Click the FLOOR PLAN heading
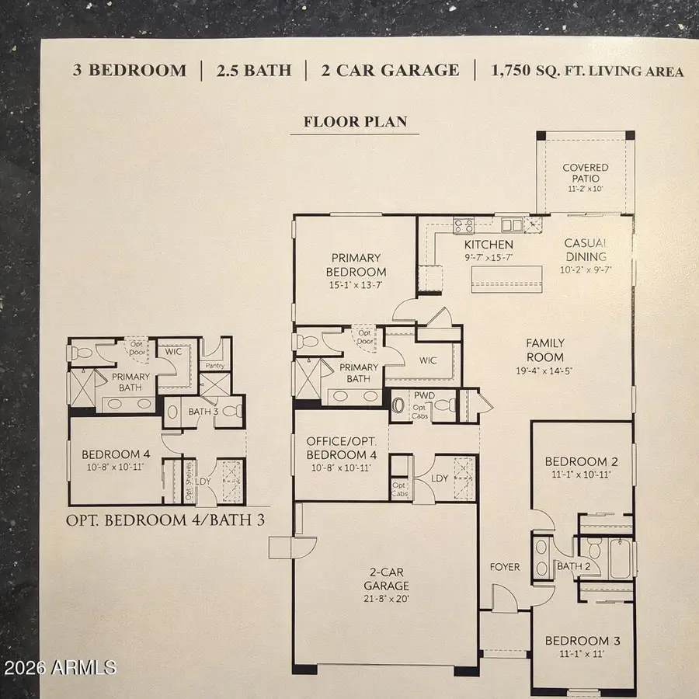point(355,121)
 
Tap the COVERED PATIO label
point(586,172)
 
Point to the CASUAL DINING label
point(585,250)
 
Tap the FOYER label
point(505,567)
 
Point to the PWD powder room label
point(424,395)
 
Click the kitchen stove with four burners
point(464,226)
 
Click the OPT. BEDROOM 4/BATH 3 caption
point(165,520)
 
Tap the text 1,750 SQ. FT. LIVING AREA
point(587,71)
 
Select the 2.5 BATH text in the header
point(255,71)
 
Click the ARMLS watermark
point(61,666)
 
